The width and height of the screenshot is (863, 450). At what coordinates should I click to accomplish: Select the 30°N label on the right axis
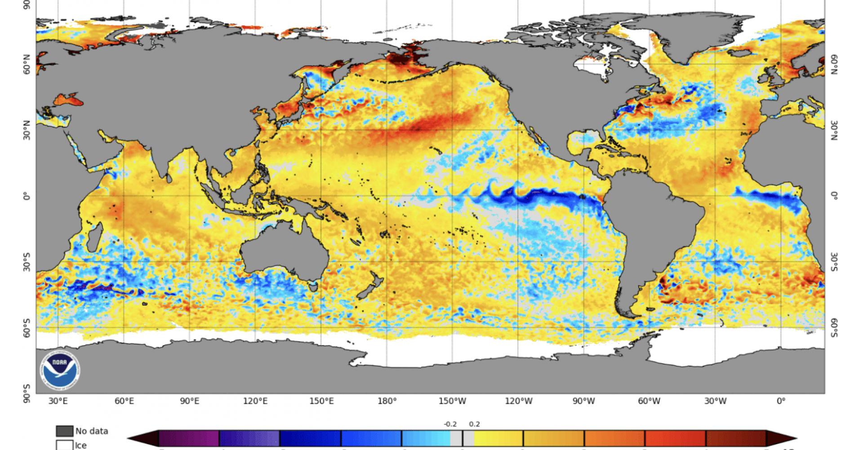(835, 130)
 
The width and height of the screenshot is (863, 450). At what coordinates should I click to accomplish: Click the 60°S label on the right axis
(835, 327)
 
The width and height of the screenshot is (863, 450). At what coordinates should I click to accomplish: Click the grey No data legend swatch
(64, 431)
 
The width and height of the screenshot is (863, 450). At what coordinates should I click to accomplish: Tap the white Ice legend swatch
(64, 445)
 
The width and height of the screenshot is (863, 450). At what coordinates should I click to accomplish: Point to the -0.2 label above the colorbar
(450, 424)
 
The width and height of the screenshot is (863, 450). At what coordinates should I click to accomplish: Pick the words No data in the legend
(92, 431)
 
